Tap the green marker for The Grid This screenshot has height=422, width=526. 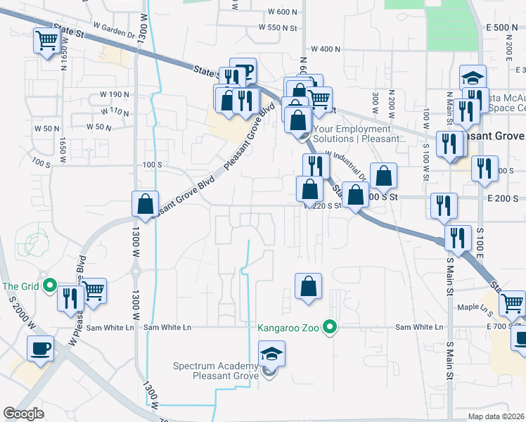point(49,286)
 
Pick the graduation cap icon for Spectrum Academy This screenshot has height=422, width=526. point(272,353)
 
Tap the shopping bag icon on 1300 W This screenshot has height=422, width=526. point(144,203)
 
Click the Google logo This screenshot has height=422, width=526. point(24,414)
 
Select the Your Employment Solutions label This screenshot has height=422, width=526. point(360,134)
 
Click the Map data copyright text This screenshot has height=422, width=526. point(496,416)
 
